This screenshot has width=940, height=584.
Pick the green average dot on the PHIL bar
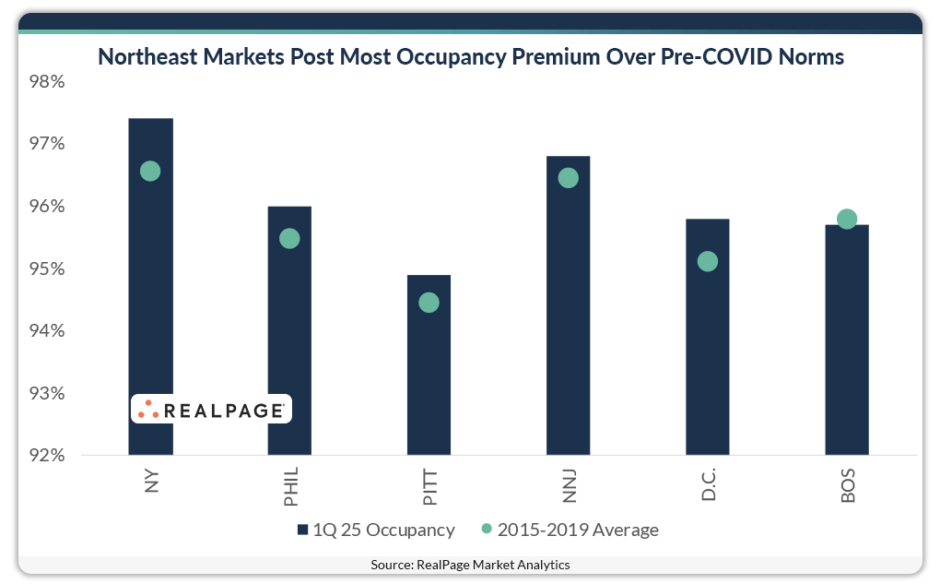[289, 239]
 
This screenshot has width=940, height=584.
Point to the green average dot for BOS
[847, 219]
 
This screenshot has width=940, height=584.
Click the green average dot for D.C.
[708, 262]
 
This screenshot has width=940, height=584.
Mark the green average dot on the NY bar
[150, 172]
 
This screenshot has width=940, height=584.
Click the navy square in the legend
[301, 530]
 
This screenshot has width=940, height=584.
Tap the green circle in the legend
[488, 530]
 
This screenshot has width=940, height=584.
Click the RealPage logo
[211, 410]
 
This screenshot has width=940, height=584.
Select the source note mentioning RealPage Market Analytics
[470, 565]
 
